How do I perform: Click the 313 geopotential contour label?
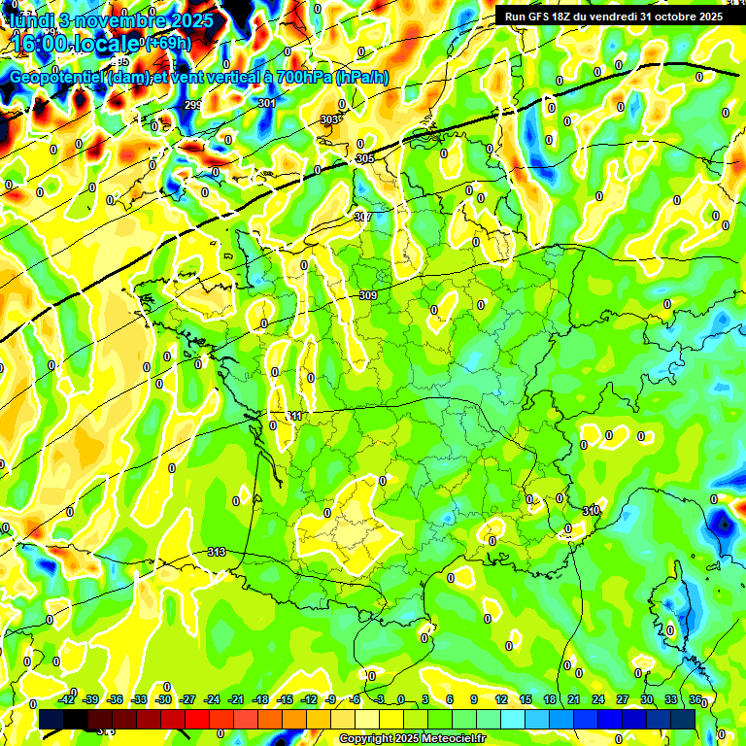coord(217,552)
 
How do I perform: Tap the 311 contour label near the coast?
coord(293,416)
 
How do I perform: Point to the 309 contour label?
coord(368,295)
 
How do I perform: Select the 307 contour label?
coord(363,217)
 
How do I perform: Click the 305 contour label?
coord(365,158)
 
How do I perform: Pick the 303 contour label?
coord(329,119)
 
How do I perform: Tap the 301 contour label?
coord(267,103)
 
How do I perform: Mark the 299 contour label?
coord(193,105)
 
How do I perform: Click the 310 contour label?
coord(591,511)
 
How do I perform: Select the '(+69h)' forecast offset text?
coord(167,44)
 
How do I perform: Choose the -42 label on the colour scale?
coord(67,699)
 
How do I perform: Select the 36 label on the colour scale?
coord(695,699)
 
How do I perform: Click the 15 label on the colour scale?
coord(526,699)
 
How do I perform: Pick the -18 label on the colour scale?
coord(259,699)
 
